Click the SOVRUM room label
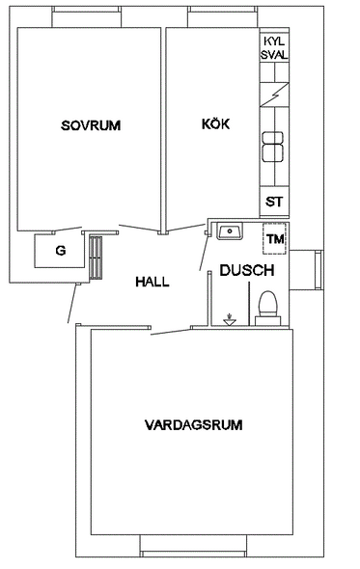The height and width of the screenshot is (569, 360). tap(91, 125)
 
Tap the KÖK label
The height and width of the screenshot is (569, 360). tap(216, 123)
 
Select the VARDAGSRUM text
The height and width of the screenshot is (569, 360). tap(194, 425)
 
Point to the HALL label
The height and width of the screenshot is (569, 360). tap(152, 282)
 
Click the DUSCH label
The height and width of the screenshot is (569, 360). tap(247, 270)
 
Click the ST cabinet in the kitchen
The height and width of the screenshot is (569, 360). tap(274, 202)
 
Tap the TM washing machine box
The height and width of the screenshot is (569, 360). tap(275, 239)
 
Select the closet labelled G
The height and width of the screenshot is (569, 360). tap(59, 251)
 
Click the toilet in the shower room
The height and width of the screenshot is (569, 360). tap(267, 308)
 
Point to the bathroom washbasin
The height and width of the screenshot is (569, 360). tap(230, 231)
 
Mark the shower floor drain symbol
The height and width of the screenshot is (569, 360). tap(230, 319)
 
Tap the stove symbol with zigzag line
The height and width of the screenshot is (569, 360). tap(274, 95)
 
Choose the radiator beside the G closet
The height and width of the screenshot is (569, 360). tap(96, 257)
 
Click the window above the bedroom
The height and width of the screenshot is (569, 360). tap(87, 16)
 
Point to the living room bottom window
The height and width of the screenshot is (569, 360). tap(193, 546)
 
